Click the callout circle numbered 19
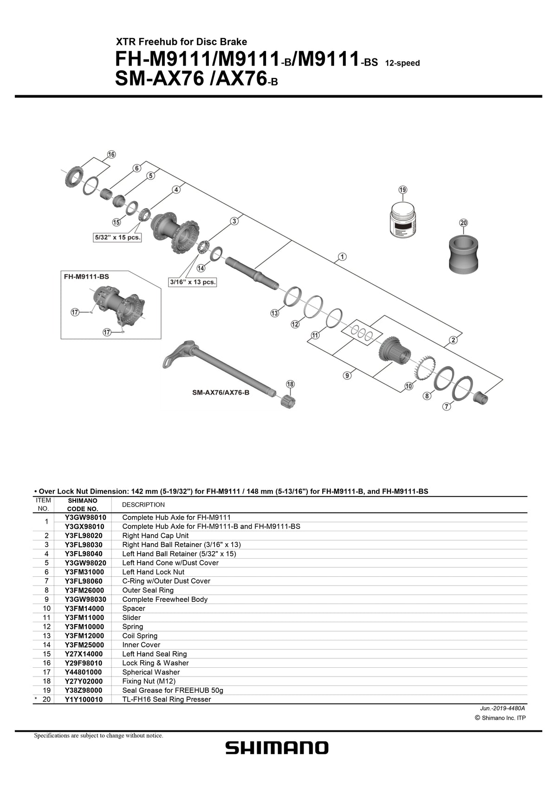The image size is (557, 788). (402, 189)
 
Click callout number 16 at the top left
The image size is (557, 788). (111, 155)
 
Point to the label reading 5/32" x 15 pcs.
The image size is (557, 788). (117, 237)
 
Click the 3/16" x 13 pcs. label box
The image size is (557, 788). (193, 282)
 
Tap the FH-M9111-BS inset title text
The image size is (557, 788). (86, 276)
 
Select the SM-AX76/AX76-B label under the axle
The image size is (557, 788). (221, 392)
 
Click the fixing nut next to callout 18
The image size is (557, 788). (287, 401)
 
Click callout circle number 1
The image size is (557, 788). (342, 257)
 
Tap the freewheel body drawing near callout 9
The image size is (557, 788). (395, 355)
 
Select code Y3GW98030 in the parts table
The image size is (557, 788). (86, 599)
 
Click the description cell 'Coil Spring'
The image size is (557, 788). (140, 636)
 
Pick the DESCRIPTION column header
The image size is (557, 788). (143, 505)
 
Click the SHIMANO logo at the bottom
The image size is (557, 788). (277, 748)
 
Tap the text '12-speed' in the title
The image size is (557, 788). (402, 63)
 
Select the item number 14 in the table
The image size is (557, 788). (46, 645)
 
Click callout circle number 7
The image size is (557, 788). (447, 407)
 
